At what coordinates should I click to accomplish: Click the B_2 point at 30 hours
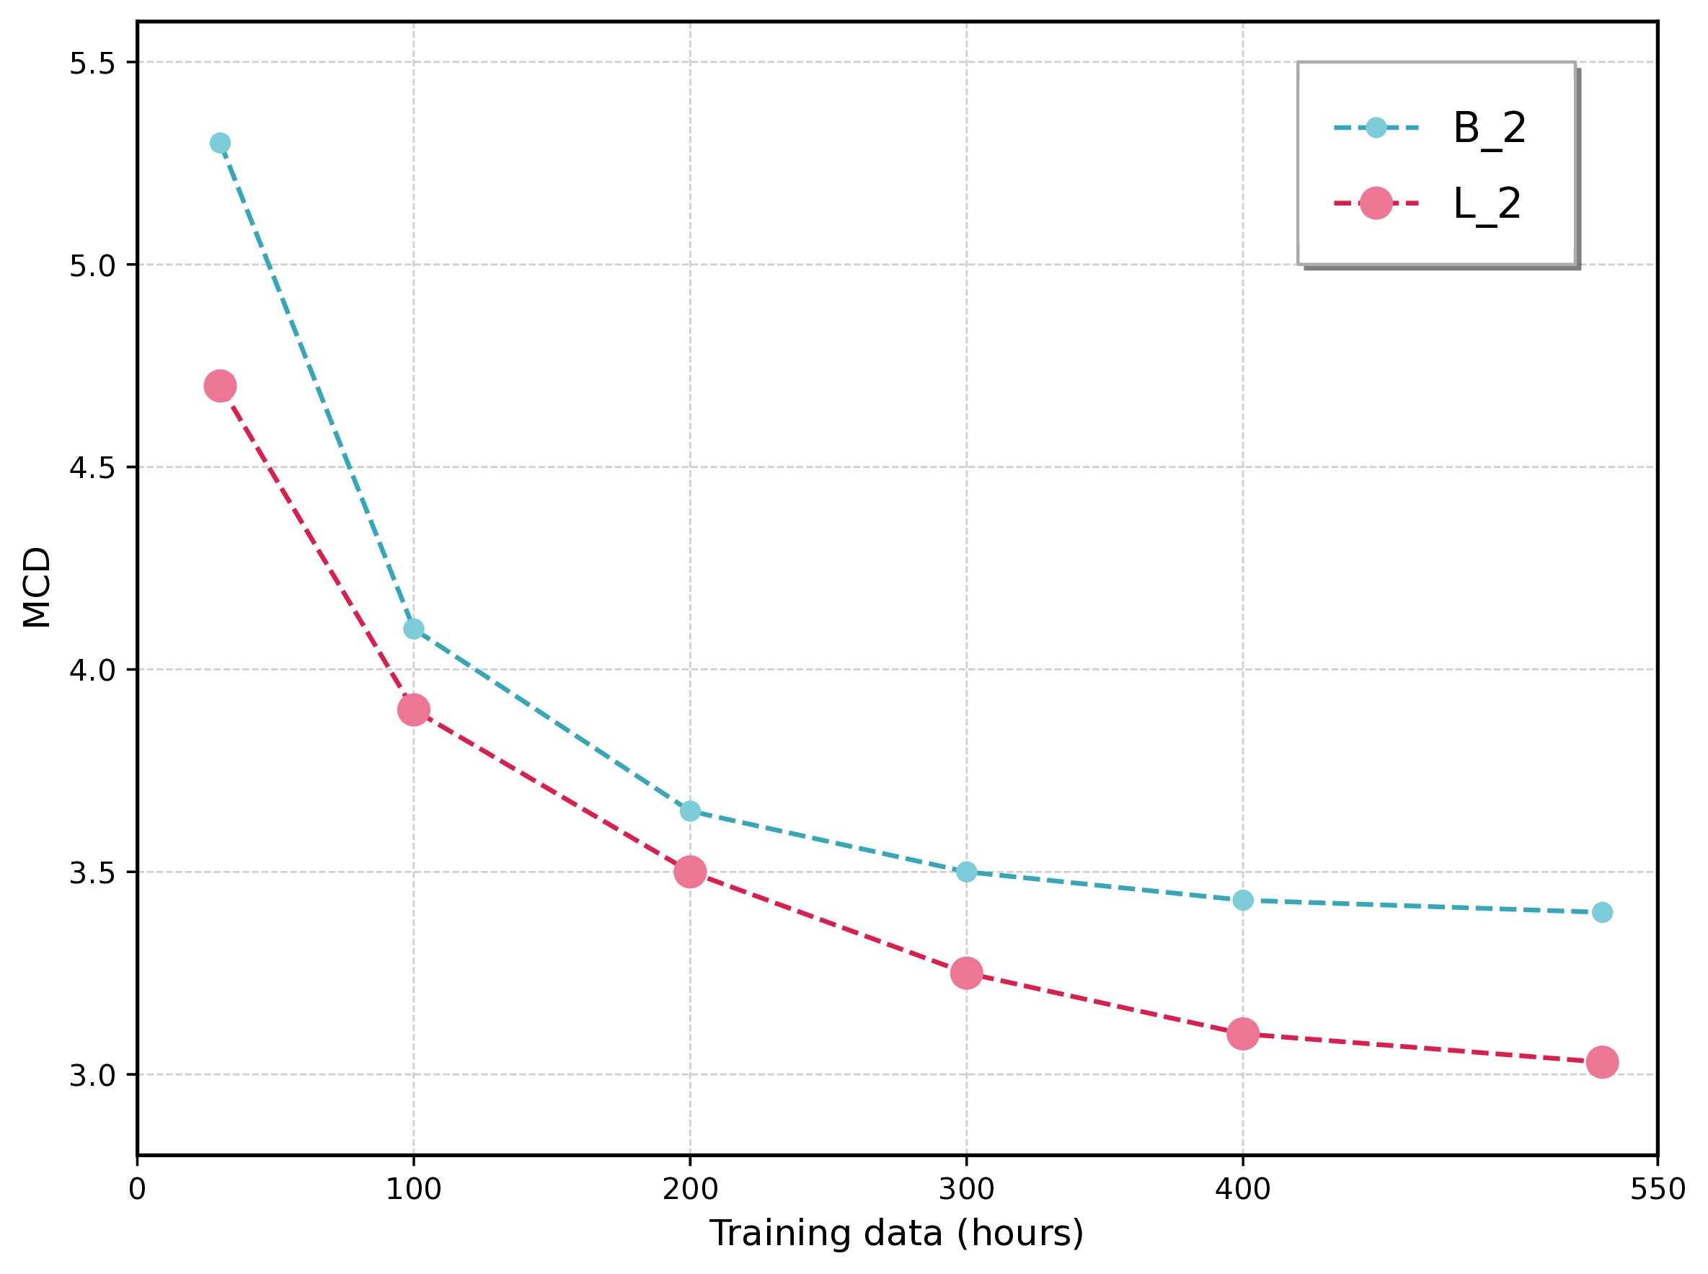click(x=220, y=143)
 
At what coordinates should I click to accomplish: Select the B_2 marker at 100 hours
click(x=413, y=629)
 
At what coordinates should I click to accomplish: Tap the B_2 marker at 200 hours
click(x=689, y=811)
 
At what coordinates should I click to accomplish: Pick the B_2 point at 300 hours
click(x=965, y=872)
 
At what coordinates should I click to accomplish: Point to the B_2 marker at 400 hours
click(x=1242, y=900)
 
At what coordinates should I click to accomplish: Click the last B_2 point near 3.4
click(x=1601, y=912)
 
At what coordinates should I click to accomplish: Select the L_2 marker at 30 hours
click(x=220, y=386)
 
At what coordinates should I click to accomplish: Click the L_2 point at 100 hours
click(x=413, y=709)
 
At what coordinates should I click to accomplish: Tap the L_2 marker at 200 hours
click(x=689, y=872)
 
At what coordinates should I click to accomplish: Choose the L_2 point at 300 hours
click(x=965, y=973)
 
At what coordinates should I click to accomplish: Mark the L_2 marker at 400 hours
click(x=1242, y=1033)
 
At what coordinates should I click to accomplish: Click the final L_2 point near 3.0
click(x=1601, y=1062)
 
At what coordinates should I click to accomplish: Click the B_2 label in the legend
click(x=1488, y=128)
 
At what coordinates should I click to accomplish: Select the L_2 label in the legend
click(x=1486, y=204)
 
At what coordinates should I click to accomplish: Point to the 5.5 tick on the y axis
click(x=92, y=63)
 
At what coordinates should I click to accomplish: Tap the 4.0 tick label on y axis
click(x=92, y=670)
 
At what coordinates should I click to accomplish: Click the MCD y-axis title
click(x=36, y=588)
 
